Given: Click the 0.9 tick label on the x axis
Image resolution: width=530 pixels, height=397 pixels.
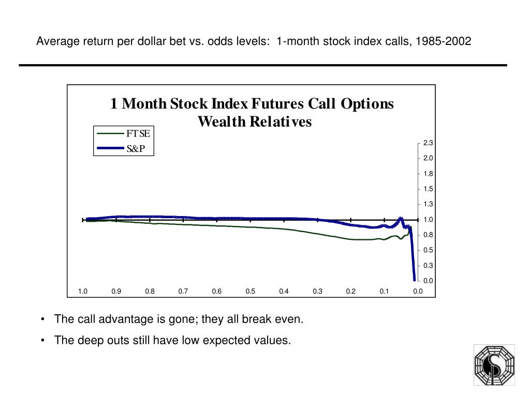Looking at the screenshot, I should point(116,291).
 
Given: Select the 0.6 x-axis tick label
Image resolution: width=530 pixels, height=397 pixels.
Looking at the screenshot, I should point(216,291).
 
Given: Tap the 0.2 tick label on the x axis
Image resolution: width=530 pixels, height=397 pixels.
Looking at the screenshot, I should point(351,291).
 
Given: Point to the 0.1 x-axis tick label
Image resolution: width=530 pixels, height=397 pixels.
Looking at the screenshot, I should point(384,291).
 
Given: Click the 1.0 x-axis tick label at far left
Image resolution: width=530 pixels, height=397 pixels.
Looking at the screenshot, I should point(83,291).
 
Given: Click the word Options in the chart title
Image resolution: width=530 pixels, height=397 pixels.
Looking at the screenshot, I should point(367,104).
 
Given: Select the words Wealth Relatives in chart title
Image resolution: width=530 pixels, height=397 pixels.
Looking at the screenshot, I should point(255,122).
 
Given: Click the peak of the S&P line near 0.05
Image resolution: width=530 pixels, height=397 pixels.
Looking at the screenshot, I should point(400,218).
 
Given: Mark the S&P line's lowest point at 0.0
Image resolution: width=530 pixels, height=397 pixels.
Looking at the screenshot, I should point(415,280).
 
